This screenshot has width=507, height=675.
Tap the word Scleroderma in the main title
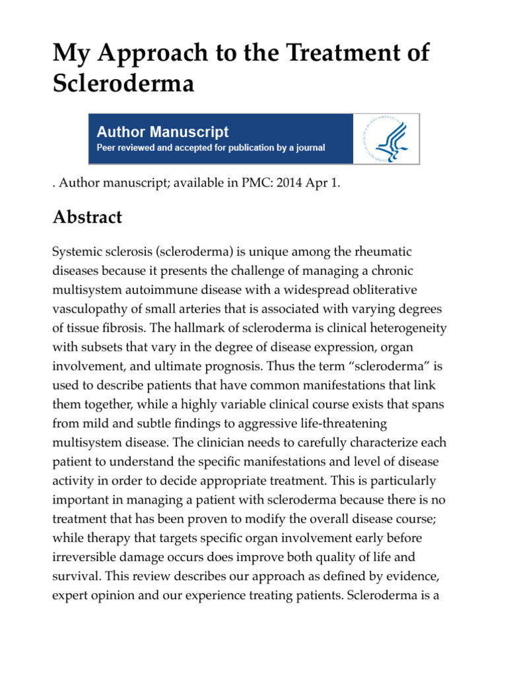[123, 84]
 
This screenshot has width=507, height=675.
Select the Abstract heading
[88, 218]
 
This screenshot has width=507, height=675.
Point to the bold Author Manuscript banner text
[163, 132]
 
